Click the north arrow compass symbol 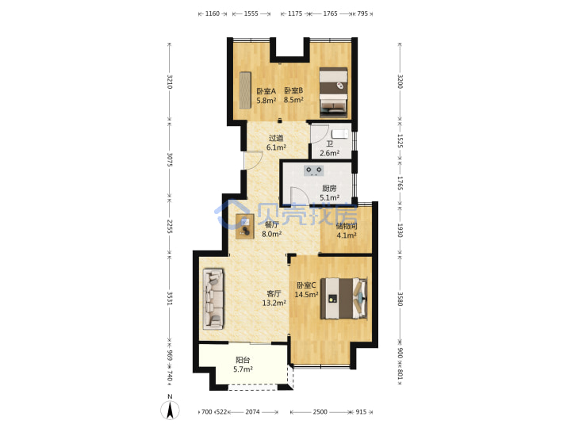click(x=170, y=409)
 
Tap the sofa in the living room click(x=213, y=299)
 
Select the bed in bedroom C click(x=343, y=299)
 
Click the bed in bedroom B click(x=333, y=93)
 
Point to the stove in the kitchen click(x=313, y=170)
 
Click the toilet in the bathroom click(x=340, y=134)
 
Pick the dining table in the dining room click(x=245, y=227)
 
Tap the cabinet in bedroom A click(x=245, y=90)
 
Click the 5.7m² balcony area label click(x=243, y=369)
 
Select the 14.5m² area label click(x=307, y=294)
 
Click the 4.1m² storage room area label click(x=347, y=235)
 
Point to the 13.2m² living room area click(x=274, y=303)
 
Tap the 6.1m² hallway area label click(x=276, y=147)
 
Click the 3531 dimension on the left click(x=170, y=298)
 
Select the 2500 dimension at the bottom click(x=320, y=411)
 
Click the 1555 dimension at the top click(x=251, y=13)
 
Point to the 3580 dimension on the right click(x=400, y=299)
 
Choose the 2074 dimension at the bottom click(x=252, y=411)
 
